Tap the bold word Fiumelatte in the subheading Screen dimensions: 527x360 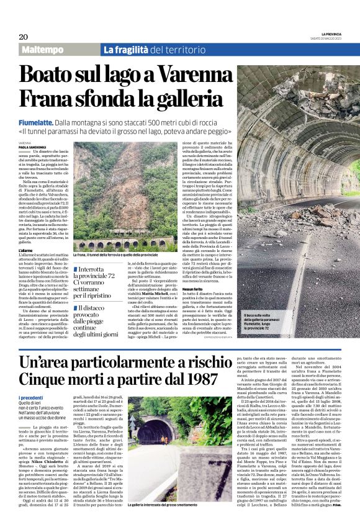click(x=37, y=124)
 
